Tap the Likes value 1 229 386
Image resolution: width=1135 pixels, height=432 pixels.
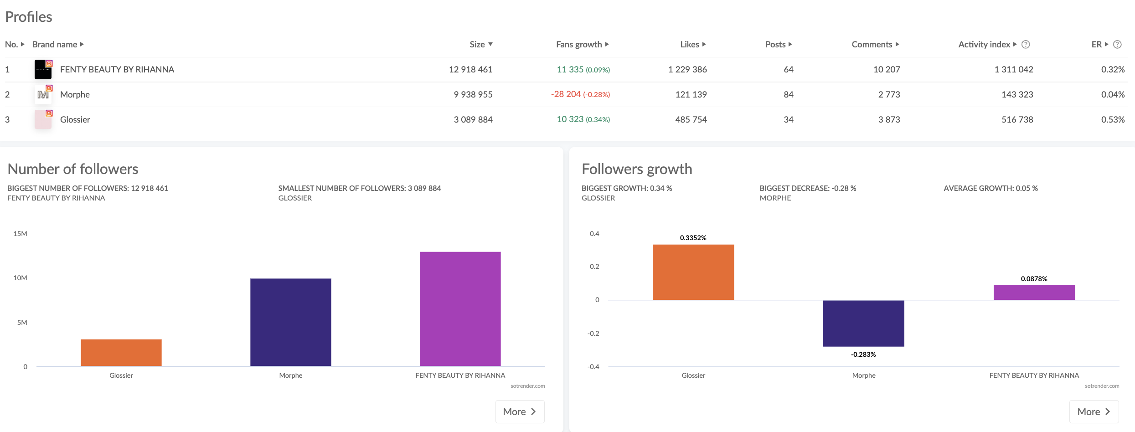[687, 69]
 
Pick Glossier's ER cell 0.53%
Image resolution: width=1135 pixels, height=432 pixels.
[1113, 119]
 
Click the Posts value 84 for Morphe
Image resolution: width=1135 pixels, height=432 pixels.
[788, 94]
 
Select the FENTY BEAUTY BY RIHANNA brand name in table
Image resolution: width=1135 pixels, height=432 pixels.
[117, 69]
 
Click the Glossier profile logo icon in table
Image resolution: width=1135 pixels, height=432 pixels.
[43, 119]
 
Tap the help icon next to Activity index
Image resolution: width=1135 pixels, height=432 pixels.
[1026, 44]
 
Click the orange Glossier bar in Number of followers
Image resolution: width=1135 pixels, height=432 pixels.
[121, 352]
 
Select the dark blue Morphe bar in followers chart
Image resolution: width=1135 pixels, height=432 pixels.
[291, 322]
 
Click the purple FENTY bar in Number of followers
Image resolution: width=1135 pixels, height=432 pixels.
[460, 309]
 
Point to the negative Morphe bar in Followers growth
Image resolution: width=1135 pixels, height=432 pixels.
[863, 323]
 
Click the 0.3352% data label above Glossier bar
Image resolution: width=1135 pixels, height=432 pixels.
[693, 238]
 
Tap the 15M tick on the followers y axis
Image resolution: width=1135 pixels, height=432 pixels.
[20, 234]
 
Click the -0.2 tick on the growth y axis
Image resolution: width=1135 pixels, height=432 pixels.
[593, 333]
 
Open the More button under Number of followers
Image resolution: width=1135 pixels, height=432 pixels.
[520, 411]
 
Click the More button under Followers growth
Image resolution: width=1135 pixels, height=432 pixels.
[1094, 411]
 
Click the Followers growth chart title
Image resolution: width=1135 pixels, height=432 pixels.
[636, 169]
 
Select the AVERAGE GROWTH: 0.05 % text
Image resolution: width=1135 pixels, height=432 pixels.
[990, 188]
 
